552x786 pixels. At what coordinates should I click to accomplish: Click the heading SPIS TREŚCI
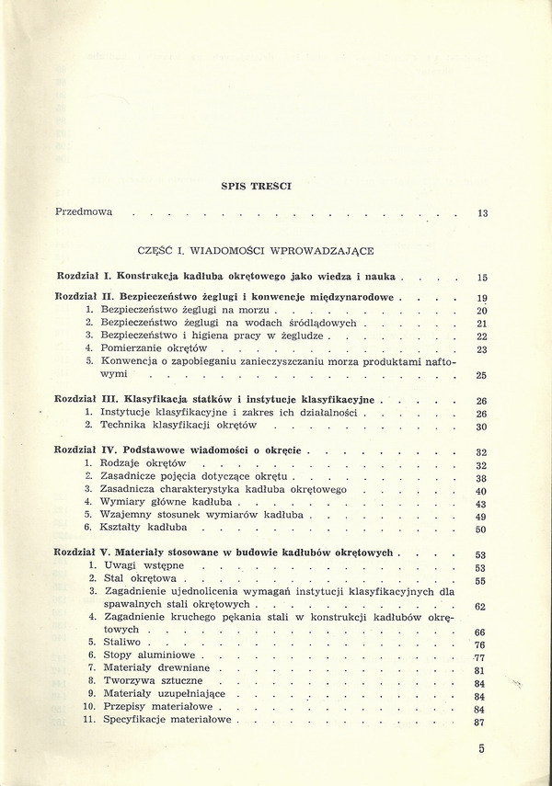(x=257, y=186)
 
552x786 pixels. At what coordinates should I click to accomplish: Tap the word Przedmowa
(x=84, y=211)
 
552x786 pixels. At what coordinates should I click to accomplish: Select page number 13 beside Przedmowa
(x=483, y=213)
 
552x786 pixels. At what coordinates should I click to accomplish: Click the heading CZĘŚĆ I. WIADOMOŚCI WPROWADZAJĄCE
(x=256, y=249)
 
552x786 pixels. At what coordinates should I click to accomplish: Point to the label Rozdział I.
(x=84, y=275)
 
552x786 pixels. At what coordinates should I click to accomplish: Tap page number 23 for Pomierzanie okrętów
(x=481, y=350)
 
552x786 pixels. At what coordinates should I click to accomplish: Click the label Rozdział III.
(x=87, y=400)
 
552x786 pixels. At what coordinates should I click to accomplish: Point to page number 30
(x=481, y=427)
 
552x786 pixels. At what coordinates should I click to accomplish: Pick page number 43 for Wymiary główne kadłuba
(x=481, y=505)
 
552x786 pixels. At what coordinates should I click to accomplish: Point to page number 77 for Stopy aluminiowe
(x=478, y=658)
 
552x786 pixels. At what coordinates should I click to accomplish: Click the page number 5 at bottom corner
(x=481, y=749)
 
